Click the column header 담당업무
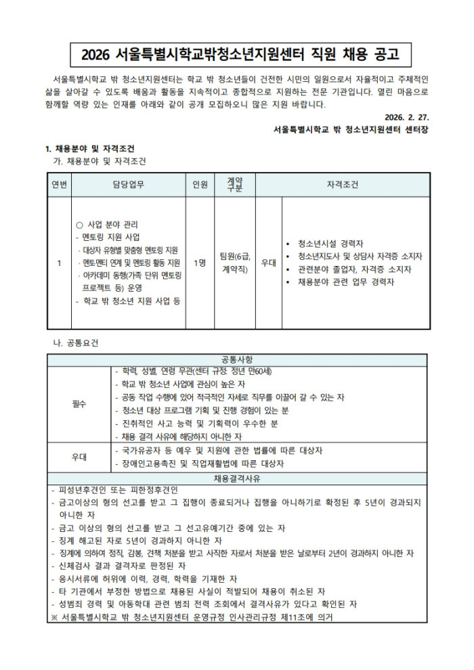[128, 185]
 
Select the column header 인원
[200, 185]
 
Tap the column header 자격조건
[343, 185]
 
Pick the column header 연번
[58, 185]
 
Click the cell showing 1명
[200, 263]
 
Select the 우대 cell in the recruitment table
[269, 263]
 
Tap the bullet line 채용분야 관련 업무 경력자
[345, 282]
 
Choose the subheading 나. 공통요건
[75, 342]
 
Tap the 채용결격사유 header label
[237, 478]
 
